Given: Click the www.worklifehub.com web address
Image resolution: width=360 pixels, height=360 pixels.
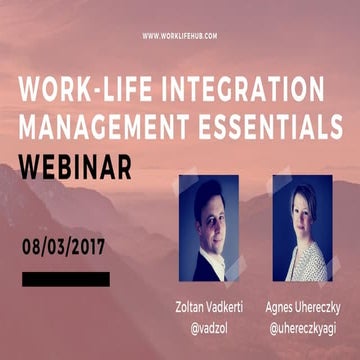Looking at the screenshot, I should [180, 36].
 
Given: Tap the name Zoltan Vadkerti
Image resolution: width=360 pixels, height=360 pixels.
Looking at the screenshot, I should [205, 303].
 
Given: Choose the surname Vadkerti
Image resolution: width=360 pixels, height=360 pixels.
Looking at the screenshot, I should [222, 303].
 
